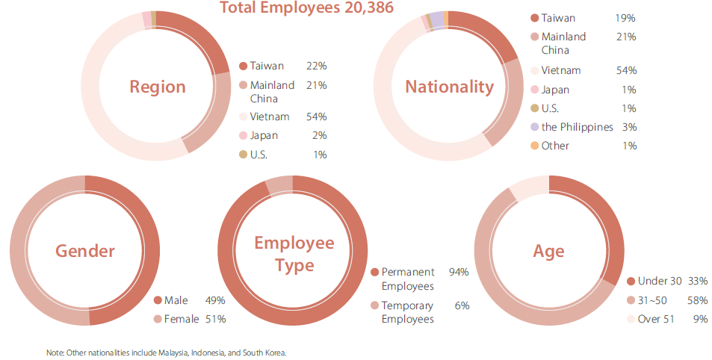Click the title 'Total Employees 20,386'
(x=306, y=8)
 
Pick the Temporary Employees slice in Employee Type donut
(x=279, y=184)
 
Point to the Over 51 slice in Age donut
(x=527, y=186)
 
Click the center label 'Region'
(x=158, y=87)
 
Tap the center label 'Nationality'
(x=449, y=87)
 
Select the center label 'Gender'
(x=85, y=251)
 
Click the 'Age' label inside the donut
(x=548, y=251)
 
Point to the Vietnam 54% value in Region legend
(x=316, y=117)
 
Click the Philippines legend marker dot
(x=533, y=127)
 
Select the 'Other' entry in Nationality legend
(x=554, y=146)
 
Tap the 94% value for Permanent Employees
(x=458, y=272)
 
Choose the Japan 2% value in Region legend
(x=320, y=136)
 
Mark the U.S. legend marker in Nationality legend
(x=533, y=108)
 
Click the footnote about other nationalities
(x=166, y=352)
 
